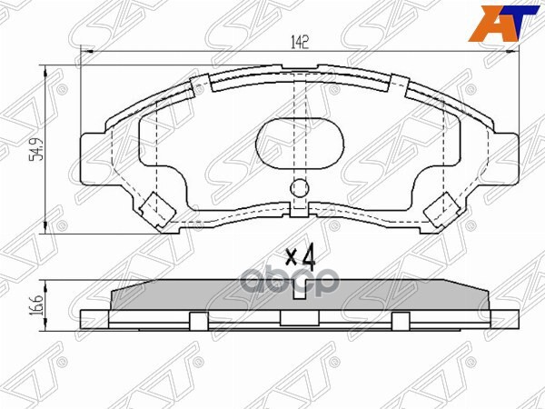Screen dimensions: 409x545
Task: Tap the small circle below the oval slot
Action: pyautogui.click(x=300, y=190)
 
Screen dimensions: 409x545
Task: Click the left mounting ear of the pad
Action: pyautogui.click(x=93, y=158)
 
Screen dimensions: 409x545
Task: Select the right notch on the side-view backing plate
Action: pyautogui.click(x=401, y=318)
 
